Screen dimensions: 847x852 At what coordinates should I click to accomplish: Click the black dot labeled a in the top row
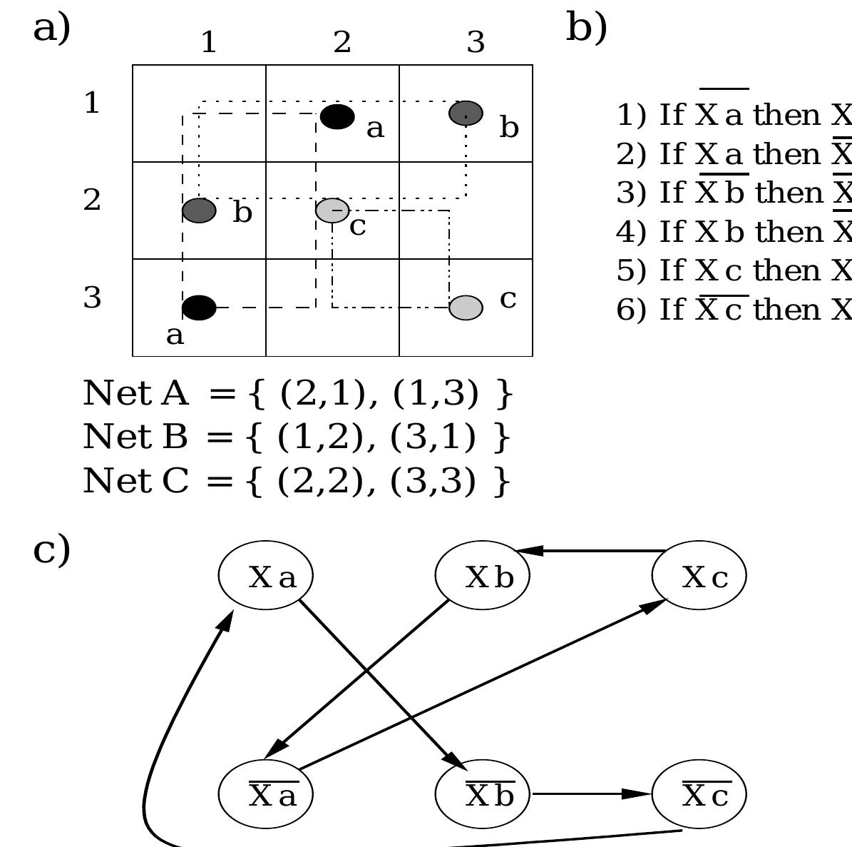[337, 116]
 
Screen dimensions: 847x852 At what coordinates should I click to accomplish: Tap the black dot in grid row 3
[199, 308]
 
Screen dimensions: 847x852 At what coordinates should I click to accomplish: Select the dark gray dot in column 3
[466, 113]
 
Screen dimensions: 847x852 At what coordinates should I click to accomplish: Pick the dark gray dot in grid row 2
[199, 211]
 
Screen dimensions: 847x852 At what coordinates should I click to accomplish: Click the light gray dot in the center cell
[332, 211]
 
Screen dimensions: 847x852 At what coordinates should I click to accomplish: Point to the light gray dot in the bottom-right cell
[466, 308]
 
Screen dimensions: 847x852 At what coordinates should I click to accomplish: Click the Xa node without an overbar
[266, 577]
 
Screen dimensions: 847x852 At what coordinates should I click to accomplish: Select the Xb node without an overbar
[483, 577]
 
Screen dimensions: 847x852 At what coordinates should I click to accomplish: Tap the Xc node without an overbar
[699, 577]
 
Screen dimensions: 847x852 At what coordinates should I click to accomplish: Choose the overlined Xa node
[266, 793]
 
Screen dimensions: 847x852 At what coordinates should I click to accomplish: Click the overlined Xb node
[483, 793]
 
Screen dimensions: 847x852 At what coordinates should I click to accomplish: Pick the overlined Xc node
[699, 793]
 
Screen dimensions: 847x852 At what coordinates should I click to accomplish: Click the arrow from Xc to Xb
[592, 551]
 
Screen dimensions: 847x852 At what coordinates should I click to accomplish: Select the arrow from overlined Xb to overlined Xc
[592, 793]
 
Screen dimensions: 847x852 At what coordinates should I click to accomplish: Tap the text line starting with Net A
[298, 393]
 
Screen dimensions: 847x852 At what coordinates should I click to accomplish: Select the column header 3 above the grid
[476, 43]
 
